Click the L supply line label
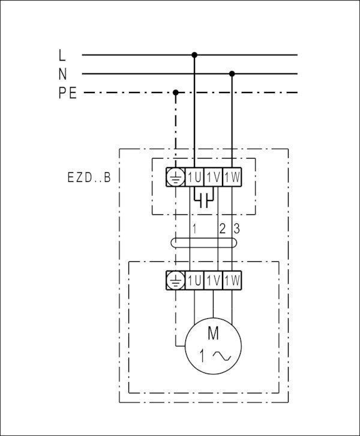62,55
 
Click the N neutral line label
63,74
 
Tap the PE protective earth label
67,93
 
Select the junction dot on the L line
194,55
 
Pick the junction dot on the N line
232,74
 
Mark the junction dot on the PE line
176,92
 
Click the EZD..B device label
89,177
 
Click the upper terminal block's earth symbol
176,177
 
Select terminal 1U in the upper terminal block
194,177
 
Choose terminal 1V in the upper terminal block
213,177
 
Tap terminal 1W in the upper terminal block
232,177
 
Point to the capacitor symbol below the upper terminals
204,200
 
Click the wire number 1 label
194,229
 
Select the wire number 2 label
222,229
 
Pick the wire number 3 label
236,229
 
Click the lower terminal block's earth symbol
176,280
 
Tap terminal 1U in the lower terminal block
194,280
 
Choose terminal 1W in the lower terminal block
232,280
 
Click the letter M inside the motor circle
213,333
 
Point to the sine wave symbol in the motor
222,356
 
